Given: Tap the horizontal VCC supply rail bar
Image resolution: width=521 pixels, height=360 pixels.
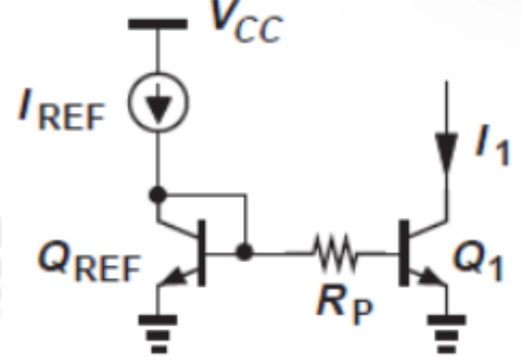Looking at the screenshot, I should click(x=157, y=24).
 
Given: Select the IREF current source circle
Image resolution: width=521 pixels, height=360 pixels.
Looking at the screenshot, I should click(x=158, y=101).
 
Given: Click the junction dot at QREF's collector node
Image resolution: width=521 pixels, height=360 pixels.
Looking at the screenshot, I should click(x=158, y=194).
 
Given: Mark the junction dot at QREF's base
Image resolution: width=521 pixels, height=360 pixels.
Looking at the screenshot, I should click(x=244, y=252).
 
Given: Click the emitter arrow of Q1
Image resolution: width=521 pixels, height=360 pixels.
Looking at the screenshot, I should click(x=430, y=278).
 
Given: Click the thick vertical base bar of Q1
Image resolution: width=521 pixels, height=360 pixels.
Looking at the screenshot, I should click(x=404, y=252).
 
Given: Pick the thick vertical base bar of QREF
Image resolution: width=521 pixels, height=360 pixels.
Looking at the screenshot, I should click(x=201, y=252).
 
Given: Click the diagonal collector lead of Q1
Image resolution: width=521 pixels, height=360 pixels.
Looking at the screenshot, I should click(x=427, y=228).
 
